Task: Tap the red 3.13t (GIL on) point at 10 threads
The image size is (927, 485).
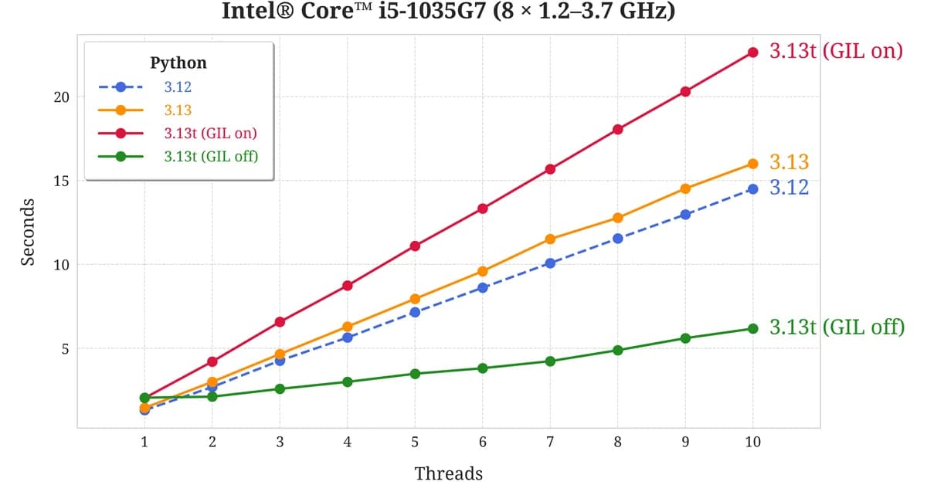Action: click(x=752, y=53)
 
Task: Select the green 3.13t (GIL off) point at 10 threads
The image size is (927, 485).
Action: click(x=752, y=328)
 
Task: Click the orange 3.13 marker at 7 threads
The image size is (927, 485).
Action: click(x=550, y=239)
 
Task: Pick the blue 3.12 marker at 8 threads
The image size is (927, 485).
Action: click(x=617, y=238)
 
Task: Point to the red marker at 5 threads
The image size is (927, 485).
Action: click(x=415, y=246)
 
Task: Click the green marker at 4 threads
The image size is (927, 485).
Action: click(x=347, y=382)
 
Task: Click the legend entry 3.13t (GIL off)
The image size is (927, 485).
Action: click(x=210, y=156)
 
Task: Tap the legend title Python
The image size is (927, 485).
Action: click(x=178, y=63)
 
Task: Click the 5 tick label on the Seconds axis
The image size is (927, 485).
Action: click(x=66, y=348)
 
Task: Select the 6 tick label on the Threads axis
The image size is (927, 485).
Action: click(x=482, y=443)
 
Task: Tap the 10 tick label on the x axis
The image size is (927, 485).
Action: click(x=752, y=443)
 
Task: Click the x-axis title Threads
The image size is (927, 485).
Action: click(x=448, y=473)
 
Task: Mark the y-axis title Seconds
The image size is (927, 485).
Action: click(x=28, y=232)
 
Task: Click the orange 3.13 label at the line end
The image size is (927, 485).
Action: click(x=789, y=162)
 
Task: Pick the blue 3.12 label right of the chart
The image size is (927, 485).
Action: click(x=789, y=188)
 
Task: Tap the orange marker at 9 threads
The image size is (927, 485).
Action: click(x=685, y=188)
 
